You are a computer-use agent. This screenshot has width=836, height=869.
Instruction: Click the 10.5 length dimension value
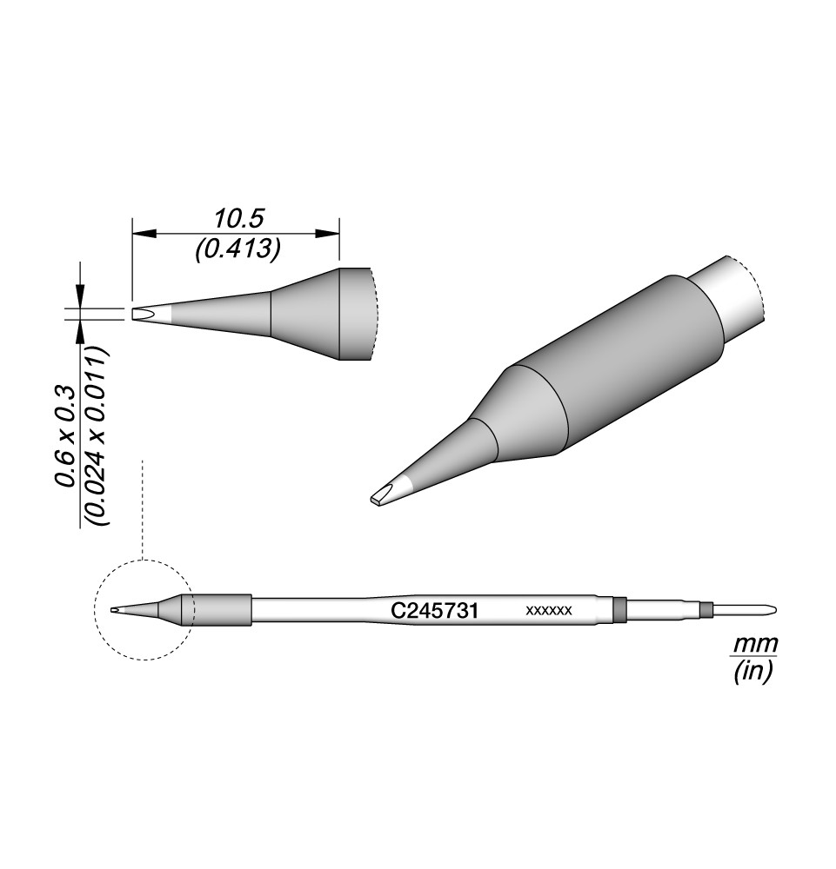[x=238, y=219]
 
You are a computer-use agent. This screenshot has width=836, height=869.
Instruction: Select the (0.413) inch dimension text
[x=237, y=249]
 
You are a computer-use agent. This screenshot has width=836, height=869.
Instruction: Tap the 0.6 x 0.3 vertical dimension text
[x=65, y=435]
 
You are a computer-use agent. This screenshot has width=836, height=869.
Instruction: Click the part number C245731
[x=434, y=611]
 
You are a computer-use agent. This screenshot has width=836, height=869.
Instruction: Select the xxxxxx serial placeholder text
[x=549, y=611]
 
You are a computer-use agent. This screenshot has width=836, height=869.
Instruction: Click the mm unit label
[x=756, y=645]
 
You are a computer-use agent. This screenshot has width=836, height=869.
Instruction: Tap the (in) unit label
[x=752, y=673]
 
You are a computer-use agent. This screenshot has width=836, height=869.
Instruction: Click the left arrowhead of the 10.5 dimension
[x=144, y=234]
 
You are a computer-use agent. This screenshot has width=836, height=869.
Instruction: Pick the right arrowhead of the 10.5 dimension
[x=327, y=234]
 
